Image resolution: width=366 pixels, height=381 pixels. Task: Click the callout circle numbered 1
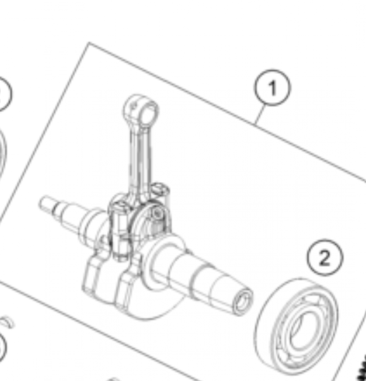coord(272,88)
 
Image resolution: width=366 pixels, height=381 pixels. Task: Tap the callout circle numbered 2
coord(324,258)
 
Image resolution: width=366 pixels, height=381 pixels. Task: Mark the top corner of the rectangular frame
coord(90,44)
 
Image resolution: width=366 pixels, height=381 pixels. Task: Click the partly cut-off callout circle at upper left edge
coord(4,93)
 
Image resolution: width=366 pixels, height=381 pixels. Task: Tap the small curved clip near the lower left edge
coord(6,322)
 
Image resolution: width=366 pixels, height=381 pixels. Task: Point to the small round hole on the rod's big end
coord(156,214)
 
